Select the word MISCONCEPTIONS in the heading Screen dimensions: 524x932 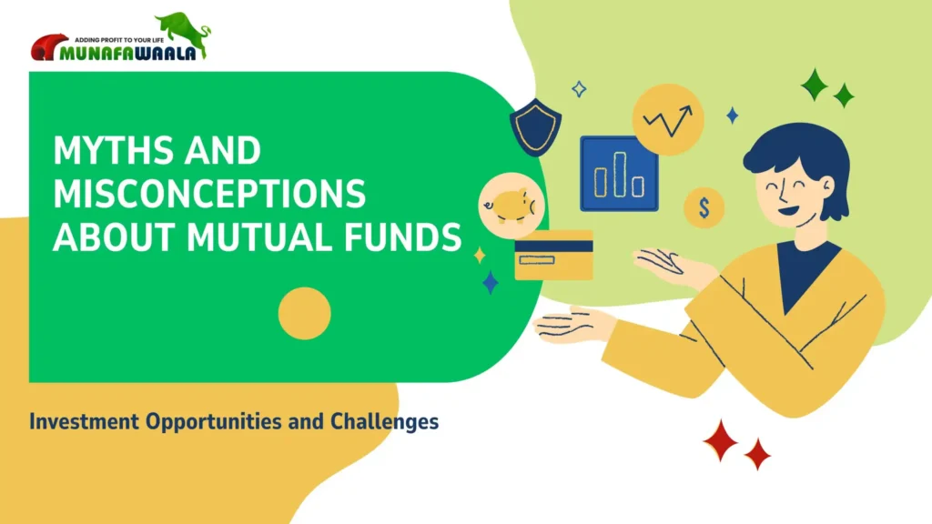pos(209,195)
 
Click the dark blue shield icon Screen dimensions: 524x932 pos(535,128)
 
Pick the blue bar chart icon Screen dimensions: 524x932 pos(619,174)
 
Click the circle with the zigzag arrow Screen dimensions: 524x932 pos(668,119)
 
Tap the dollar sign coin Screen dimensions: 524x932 pos(704,208)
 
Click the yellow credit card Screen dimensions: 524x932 pos(553,255)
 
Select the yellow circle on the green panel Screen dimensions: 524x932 pos(304,314)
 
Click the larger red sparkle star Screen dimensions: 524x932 pos(721,439)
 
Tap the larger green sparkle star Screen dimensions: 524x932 pos(815,85)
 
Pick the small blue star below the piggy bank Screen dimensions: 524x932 pos(491,282)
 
